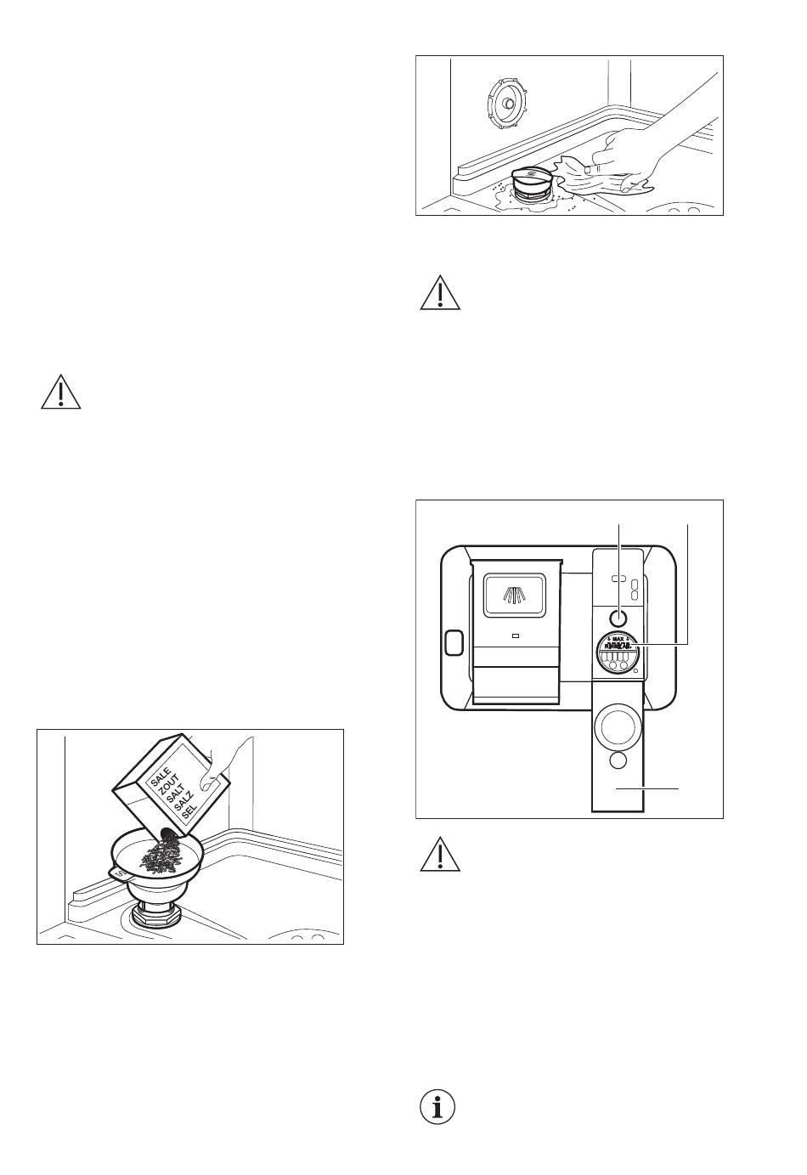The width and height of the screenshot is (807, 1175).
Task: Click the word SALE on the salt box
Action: [x=161, y=778]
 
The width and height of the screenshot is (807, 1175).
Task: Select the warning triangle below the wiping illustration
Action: [x=439, y=294]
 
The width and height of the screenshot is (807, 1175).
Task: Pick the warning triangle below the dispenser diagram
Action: [x=439, y=856]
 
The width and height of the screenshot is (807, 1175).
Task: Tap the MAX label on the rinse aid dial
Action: [x=618, y=637]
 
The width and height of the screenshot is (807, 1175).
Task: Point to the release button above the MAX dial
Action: [x=618, y=617]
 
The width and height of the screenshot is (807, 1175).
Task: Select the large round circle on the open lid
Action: [x=618, y=724]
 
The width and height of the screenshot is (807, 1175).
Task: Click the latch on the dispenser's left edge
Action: [x=454, y=643]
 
